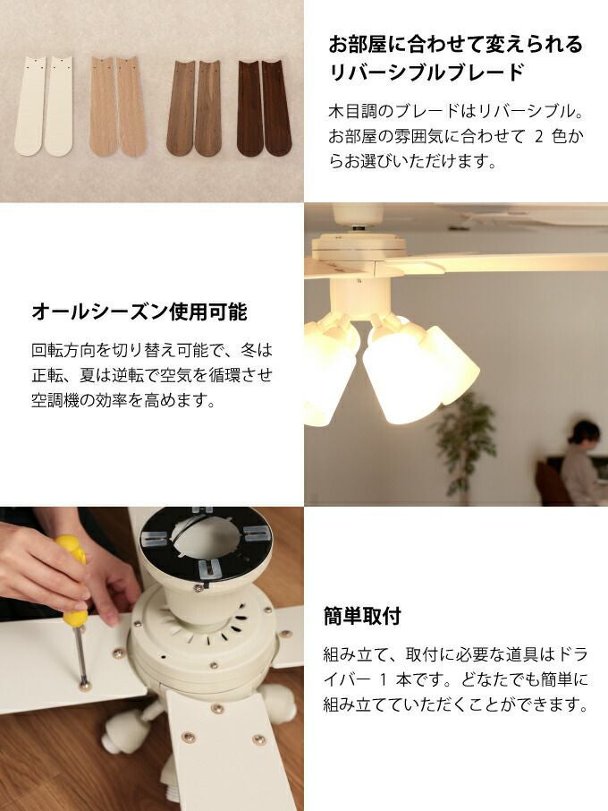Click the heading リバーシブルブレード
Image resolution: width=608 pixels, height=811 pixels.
(x=426, y=72)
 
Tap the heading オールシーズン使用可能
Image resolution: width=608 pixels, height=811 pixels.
(x=139, y=312)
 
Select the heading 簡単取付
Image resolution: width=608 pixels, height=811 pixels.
(x=362, y=616)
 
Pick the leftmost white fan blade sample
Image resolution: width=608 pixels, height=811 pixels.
(x=29, y=106)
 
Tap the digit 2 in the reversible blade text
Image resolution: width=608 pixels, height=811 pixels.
(x=539, y=137)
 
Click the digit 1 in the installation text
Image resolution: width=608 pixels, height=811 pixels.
(x=383, y=679)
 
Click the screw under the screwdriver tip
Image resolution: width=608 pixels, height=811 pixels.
(x=84, y=686)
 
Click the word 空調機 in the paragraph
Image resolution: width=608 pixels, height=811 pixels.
(x=55, y=400)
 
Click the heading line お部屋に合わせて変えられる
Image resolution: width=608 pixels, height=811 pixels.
(x=456, y=45)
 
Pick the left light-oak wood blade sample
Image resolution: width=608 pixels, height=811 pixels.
(x=103, y=106)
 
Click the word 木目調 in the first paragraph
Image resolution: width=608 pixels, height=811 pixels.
(x=352, y=111)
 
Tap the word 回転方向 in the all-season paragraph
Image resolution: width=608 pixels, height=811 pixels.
(x=63, y=350)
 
